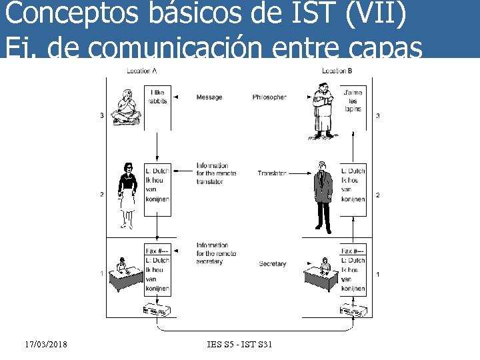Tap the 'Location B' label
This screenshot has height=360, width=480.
[x=337, y=71]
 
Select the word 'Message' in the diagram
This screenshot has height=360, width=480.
[x=209, y=97]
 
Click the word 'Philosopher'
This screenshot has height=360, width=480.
[x=269, y=97]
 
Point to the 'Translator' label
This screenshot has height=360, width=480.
[x=272, y=173]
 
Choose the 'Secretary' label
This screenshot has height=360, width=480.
[x=272, y=264]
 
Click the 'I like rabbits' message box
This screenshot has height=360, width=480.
[x=158, y=97]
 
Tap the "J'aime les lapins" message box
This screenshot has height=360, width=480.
[x=353, y=100]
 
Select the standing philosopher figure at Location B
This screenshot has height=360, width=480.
[x=323, y=113]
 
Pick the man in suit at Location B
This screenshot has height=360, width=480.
[x=323, y=197]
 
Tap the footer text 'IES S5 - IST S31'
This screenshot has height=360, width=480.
[x=240, y=344]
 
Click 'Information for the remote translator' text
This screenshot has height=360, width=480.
[x=213, y=173]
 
